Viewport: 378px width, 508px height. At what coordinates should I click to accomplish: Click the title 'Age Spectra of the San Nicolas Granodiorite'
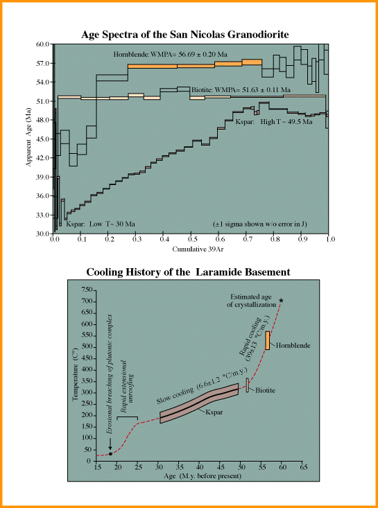click(184, 35)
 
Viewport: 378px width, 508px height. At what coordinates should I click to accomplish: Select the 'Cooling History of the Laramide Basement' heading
click(188, 272)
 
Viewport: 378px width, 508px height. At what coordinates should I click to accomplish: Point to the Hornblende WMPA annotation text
click(170, 55)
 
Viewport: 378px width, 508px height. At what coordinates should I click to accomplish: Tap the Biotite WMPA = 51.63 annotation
click(241, 89)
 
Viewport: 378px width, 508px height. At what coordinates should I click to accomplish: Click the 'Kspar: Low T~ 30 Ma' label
click(101, 224)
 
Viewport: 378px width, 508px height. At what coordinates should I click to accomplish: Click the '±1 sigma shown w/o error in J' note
click(260, 224)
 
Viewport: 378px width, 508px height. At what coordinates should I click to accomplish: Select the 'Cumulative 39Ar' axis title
click(191, 249)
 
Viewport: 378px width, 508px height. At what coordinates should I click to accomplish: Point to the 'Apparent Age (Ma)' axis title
click(28, 139)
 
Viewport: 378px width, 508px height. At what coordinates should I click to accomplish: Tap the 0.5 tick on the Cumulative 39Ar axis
click(191, 239)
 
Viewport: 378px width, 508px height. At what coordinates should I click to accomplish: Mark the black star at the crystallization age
click(281, 300)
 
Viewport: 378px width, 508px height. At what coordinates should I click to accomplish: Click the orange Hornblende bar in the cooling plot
click(268, 340)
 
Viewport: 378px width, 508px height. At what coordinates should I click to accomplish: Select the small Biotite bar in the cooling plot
click(247, 385)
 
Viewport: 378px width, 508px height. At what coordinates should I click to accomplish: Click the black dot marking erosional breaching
click(110, 454)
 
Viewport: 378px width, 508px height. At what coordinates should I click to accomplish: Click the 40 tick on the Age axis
click(199, 467)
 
